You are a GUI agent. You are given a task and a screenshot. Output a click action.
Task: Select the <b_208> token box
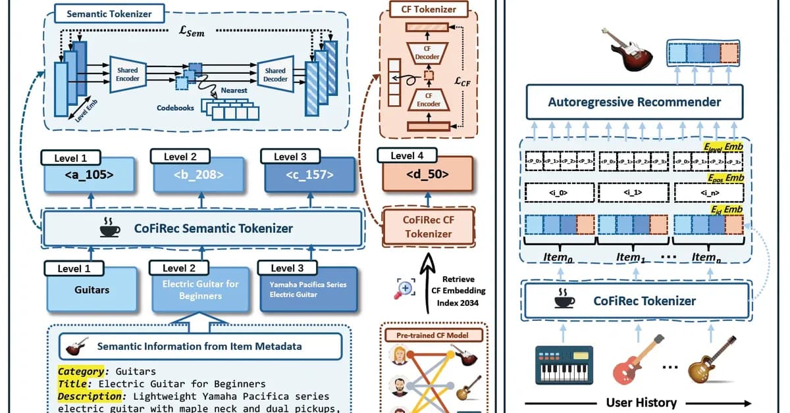[199, 176]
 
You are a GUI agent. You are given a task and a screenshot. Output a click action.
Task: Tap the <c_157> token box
[309, 176]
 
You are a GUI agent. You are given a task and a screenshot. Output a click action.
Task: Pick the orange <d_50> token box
[428, 176]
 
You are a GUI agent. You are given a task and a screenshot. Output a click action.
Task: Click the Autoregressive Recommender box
[634, 102]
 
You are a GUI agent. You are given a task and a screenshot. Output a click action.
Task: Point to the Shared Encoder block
[128, 75]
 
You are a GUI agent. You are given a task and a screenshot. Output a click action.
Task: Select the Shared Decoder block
[275, 75]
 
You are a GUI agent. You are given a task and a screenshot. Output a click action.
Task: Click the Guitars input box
[91, 289]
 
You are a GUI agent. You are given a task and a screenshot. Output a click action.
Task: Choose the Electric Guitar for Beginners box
[200, 289]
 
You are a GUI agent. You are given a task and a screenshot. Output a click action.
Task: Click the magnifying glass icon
[406, 288]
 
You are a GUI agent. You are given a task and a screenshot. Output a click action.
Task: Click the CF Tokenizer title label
[428, 9]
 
